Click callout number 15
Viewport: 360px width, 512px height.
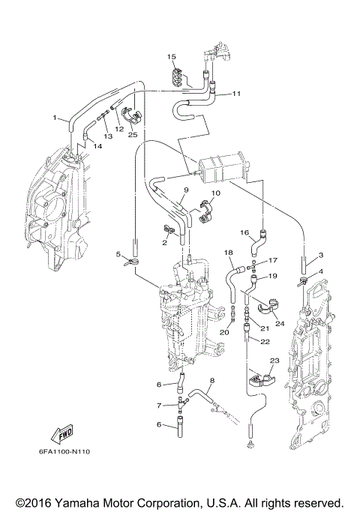click(171, 57)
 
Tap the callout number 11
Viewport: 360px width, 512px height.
click(236, 94)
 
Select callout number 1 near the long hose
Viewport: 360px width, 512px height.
click(55, 117)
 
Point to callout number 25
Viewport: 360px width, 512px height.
click(133, 135)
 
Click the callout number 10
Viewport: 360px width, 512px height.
click(215, 193)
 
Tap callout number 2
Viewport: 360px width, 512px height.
click(163, 243)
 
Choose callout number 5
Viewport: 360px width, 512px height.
click(118, 255)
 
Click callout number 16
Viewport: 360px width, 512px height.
click(244, 232)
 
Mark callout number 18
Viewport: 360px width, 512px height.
click(229, 253)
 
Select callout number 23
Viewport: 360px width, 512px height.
click(274, 361)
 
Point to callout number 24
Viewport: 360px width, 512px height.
click(280, 324)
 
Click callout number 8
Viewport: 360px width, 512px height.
click(212, 381)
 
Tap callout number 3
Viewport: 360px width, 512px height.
click(320, 255)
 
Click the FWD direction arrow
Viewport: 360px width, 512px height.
click(55, 433)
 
